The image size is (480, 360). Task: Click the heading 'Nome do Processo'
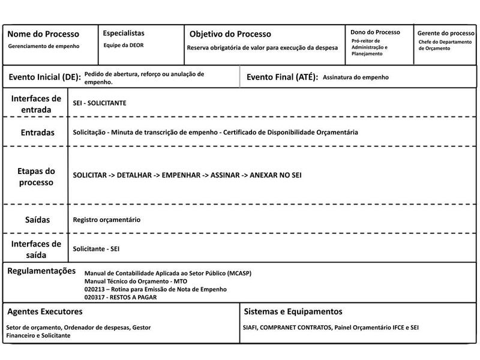coord(43,34)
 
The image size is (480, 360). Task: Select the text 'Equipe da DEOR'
coord(124,45)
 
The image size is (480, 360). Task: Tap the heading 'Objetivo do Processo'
coord(230,34)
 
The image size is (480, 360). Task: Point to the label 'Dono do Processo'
coord(376,32)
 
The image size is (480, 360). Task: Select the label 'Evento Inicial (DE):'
coord(44,77)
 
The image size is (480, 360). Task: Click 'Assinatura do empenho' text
coord(356,77)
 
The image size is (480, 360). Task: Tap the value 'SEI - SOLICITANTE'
coord(100,103)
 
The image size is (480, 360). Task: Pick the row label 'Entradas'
coord(37,132)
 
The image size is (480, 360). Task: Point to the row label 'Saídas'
coord(37,220)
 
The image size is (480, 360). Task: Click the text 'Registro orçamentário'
coord(107,220)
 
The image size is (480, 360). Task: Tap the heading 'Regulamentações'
coord(41,271)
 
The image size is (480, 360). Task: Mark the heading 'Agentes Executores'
coord(45,312)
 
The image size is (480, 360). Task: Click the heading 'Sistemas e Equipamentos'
coord(293,312)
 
